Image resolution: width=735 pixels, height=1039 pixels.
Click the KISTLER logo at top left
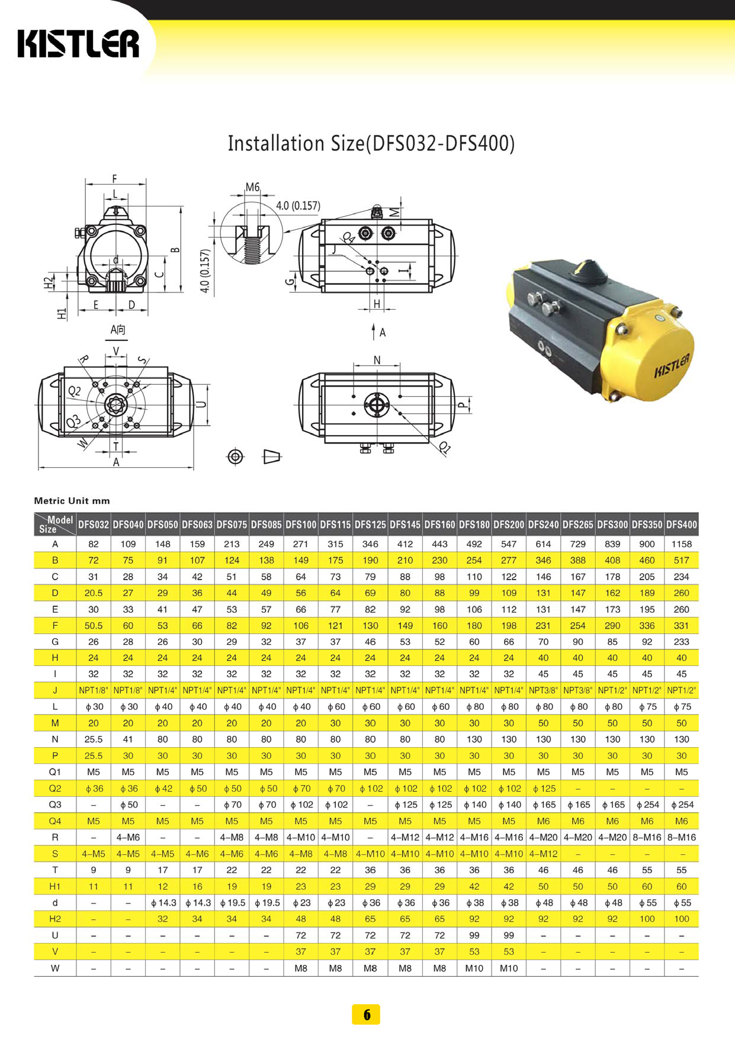pos(78,44)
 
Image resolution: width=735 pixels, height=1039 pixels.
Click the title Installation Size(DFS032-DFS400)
pos(371,143)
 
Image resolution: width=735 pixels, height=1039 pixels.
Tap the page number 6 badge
pos(366,1014)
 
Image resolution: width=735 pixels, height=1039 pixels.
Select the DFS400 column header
pos(681,525)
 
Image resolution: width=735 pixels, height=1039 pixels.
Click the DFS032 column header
pos(94,525)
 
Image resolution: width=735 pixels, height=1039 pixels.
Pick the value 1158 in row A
pos(681,544)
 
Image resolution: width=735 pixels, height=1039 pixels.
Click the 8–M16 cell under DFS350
pos(647,837)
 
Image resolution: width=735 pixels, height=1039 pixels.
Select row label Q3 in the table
pos(55,805)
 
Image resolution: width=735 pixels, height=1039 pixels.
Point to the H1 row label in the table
pos(55,886)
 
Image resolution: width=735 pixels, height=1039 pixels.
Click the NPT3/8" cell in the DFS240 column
pos(543,690)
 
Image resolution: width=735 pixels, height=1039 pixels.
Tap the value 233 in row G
pos(681,642)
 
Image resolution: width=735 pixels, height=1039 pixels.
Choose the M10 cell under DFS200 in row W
pos(508,968)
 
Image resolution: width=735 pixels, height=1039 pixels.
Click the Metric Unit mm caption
pos(72,501)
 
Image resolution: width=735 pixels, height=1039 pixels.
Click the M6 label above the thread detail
pos(253,187)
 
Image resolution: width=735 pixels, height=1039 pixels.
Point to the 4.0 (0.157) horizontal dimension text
pos(298,205)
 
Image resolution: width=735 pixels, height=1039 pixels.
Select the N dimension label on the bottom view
pos(377,360)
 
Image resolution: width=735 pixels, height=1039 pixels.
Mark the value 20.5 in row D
pos(94,593)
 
